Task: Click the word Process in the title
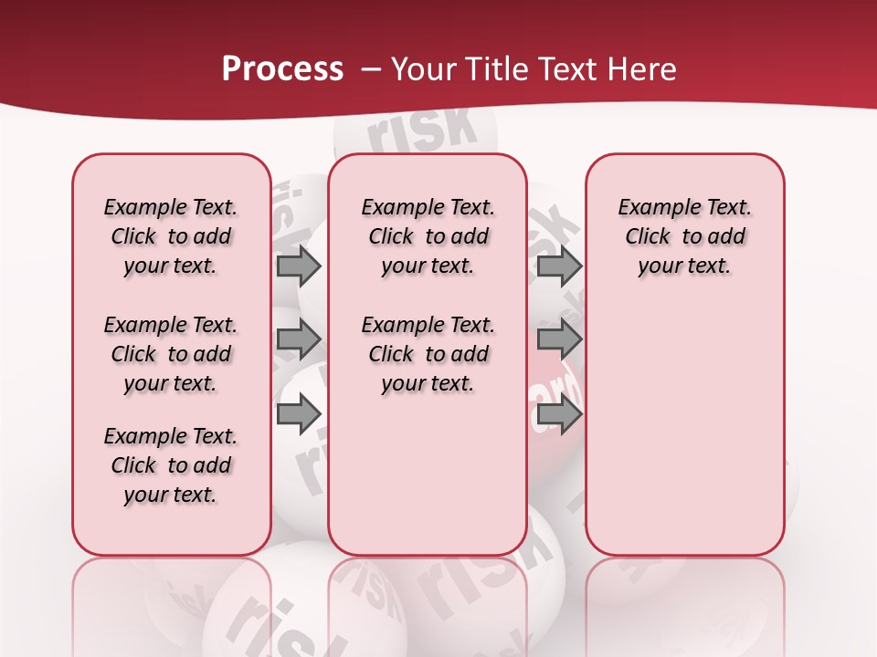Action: tap(281, 69)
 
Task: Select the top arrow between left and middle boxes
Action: tap(299, 266)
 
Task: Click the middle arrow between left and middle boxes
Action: tap(299, 340)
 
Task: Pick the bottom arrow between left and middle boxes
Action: tap(299, 414)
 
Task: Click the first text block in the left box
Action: tap(171, 237)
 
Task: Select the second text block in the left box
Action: tap(171, 354)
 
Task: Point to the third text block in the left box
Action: tap(171, 465)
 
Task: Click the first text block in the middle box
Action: tap(428, 237)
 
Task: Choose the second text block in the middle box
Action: tap(428, 354)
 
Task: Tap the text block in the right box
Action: tap(685, 237)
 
